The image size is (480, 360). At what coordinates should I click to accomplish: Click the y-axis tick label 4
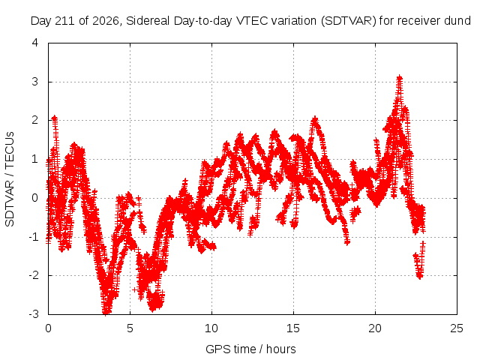[x=35, y=43]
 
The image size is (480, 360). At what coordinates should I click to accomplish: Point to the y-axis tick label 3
[x=35, y=82]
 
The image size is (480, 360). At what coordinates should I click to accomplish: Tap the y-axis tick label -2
[x=34, y=275]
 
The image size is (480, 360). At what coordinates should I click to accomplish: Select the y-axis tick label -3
[x=34, y=313]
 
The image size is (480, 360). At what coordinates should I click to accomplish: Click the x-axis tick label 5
[x=130, y=328]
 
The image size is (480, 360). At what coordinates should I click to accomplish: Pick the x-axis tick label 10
[x=211, y=328]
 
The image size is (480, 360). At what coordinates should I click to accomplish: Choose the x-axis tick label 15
[x=293, y=328]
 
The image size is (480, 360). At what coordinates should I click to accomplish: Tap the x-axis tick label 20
[x=375, y=328]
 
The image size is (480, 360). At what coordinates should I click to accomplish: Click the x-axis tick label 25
[x=457, y=328]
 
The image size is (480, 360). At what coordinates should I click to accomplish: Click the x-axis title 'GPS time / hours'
[x=250, y=349]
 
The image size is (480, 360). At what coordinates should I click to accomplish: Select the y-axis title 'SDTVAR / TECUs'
[x=10, y=179]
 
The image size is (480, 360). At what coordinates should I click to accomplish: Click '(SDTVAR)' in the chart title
[x=349, y=21]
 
